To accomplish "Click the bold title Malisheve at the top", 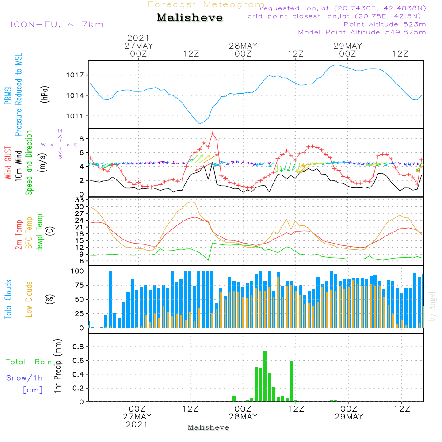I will point(190,18).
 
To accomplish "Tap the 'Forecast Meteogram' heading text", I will point(206,4).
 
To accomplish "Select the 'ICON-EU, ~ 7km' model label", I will point(57,24).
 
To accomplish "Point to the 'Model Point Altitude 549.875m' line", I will point(362,32).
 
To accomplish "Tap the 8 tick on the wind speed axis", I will point(81,139).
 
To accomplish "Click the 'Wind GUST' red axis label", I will point(8,163).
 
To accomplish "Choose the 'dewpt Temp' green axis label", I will point(40,233).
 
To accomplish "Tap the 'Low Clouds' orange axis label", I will point(29,299).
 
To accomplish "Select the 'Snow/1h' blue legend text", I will point(25,378).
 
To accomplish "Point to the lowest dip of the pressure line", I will point(200,123).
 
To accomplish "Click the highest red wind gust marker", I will point(213,133).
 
